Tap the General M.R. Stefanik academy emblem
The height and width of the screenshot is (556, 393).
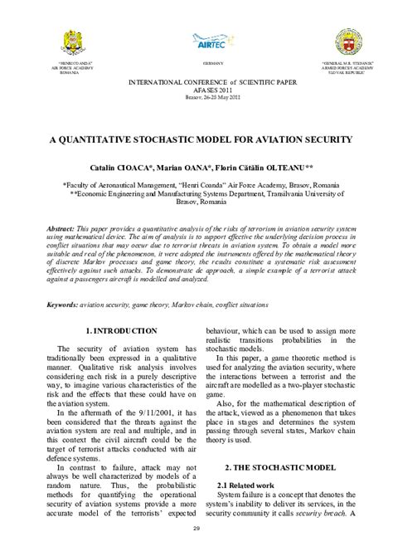click(345, 41)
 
